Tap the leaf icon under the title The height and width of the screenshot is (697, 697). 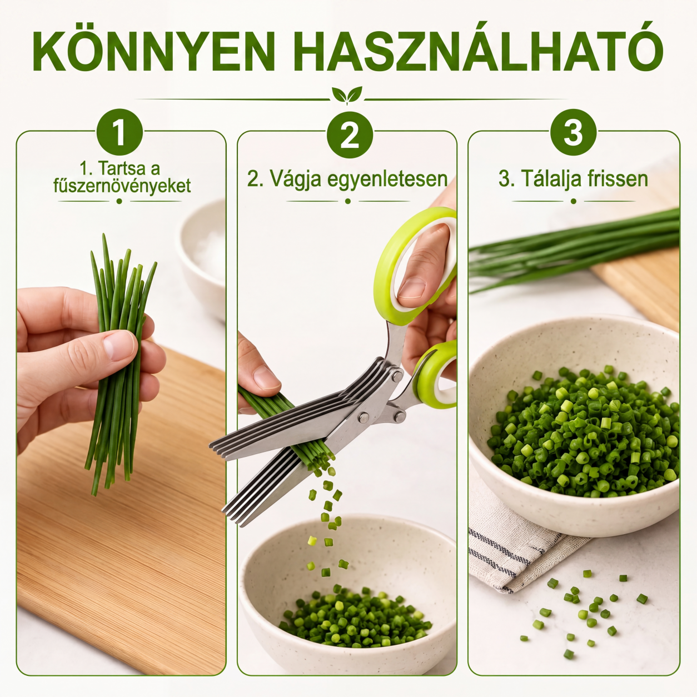[x=347, y=94]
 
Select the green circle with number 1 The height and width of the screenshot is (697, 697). [x=120, y=132]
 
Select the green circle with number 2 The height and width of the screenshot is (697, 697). [x=350, y=135]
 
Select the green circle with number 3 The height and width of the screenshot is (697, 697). [x=573, y=132]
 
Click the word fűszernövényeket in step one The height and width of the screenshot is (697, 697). [x=122, y=186]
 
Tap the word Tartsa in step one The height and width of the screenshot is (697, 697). [x=120, y=168]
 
